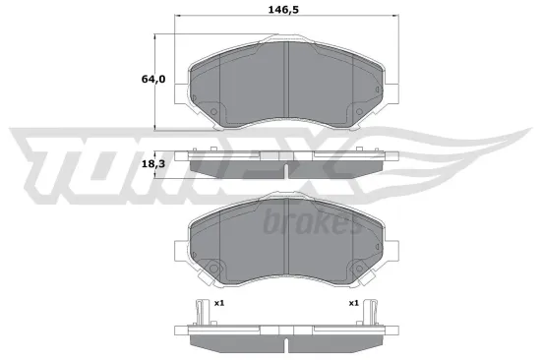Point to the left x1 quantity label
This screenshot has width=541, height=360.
coord(219,303)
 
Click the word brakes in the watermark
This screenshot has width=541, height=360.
coord(312,222)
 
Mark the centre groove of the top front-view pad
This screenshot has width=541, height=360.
coord(284,84)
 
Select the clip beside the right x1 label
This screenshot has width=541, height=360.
coord(371,307)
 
